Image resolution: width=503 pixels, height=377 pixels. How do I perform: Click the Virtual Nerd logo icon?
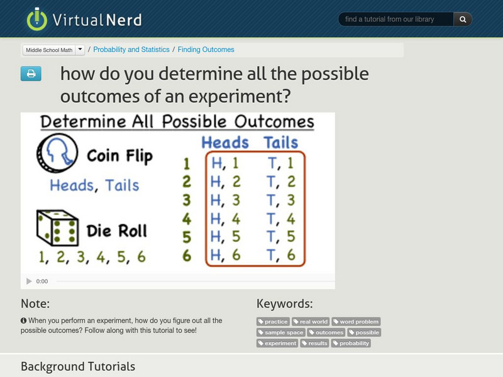click(37, 19)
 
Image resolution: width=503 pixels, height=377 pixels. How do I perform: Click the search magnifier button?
click(463, 19)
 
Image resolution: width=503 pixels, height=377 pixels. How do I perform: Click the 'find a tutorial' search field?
click(396, 19)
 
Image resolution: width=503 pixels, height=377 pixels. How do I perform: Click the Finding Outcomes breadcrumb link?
click(206, 50)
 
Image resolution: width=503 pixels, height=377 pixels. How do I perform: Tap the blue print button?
click(31, 74)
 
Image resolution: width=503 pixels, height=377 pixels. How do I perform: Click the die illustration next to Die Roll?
click(57, 227)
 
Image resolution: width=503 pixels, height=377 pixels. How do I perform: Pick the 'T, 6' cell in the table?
click(280, 254)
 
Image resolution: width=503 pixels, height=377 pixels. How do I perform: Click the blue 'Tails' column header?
click(280, 142)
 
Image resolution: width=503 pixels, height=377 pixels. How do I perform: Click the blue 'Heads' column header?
click(225, 142)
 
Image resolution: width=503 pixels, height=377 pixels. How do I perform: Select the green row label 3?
click(187, 200)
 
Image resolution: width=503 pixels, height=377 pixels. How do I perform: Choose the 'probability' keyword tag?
click(352, 343)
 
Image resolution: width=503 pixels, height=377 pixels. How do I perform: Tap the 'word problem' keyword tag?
click(356, 322)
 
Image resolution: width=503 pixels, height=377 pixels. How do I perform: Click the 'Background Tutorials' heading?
click(78, 366)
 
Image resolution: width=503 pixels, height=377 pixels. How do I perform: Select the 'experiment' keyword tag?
click(277, 343)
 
